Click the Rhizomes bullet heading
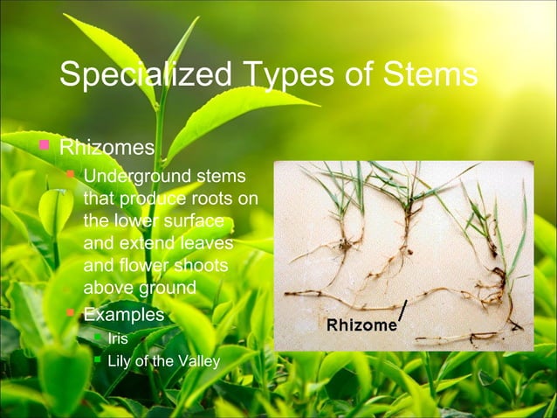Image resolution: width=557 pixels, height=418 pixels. coord(107,145)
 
